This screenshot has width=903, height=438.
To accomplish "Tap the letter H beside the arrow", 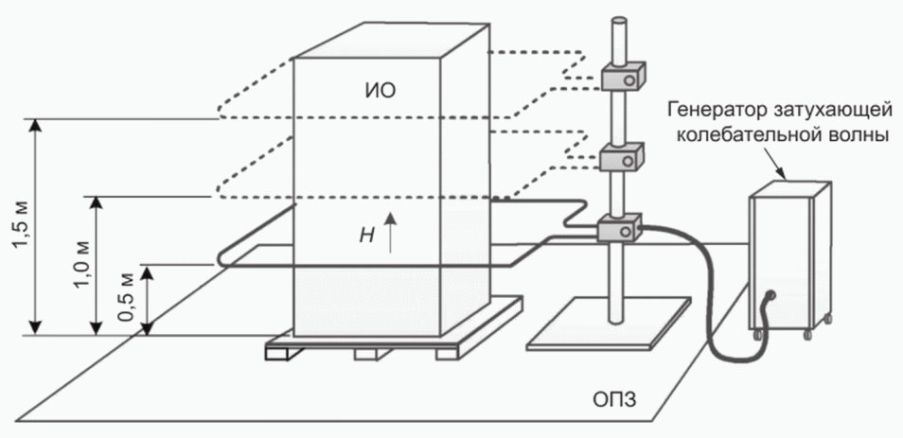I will pyautogui.click(x=365, y=237).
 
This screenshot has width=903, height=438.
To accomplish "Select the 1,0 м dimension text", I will pyautogui.click(x=81, y=265).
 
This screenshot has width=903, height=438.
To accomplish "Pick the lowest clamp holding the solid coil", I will pyautogui.click(x=621, y=228).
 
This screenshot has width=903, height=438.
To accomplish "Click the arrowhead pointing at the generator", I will pyautogui.click(x=783, y=174).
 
